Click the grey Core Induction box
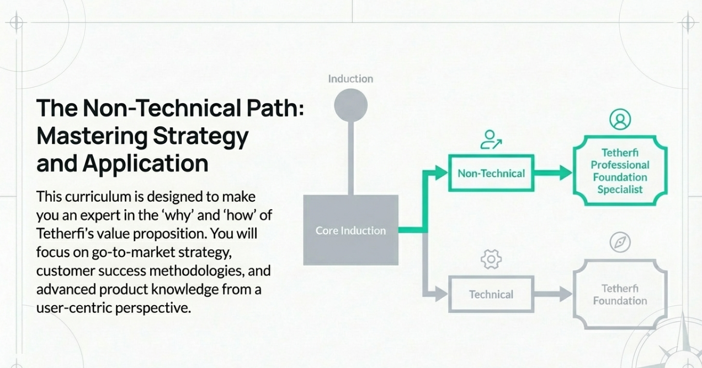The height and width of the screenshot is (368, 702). point(350,230)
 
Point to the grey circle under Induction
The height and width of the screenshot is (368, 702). point(350,105)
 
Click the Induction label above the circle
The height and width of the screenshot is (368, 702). point(350,79)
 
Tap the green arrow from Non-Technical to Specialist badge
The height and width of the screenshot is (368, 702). point(553,173)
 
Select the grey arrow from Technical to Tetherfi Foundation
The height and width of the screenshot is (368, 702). point(553,294)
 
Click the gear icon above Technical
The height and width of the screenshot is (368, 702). point(491,259)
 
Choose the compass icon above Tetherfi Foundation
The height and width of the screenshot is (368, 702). point(620,242)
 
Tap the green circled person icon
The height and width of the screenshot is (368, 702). point(620,119)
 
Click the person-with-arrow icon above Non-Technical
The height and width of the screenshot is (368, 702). point(491,139)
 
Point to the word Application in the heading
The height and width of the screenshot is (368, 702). point(145,164)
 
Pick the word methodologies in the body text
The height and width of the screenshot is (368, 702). point(197,271)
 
